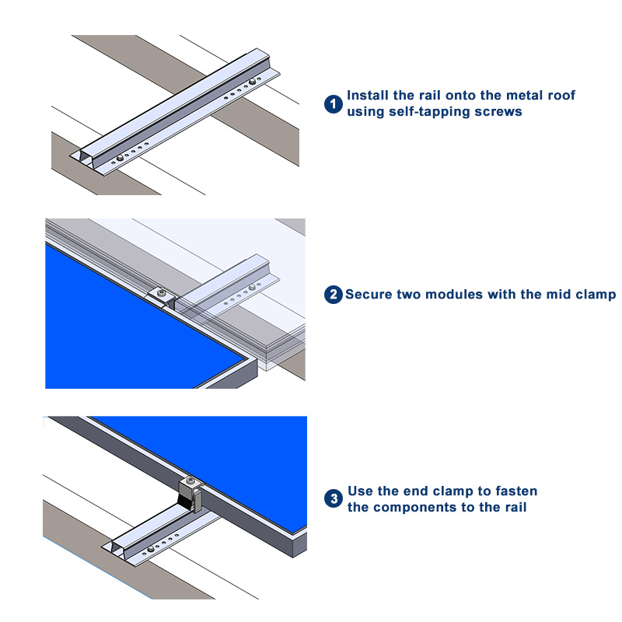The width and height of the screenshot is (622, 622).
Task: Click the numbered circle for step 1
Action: [x=334, y=104]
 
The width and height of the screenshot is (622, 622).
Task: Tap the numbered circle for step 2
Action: [x=334, y=295]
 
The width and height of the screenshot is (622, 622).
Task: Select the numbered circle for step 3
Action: [x=334, y=498]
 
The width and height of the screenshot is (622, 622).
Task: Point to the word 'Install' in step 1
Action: [x=367, y=95]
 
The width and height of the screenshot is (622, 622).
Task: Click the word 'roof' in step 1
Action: [x=561, y=95]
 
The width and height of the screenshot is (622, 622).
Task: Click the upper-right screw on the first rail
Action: [x=252, y=82]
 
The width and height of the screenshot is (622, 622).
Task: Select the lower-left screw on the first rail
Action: [x=120, y=159]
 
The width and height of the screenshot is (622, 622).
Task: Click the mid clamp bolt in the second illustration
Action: [x=161, y=293]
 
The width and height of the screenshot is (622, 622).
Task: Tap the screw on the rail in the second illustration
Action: [x=252, y=287]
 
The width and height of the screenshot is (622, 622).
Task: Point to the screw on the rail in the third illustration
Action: [x=151, y=549]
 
